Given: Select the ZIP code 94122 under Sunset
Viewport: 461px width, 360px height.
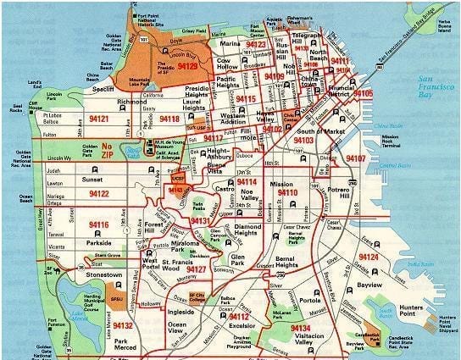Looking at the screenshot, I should tap(98, 194).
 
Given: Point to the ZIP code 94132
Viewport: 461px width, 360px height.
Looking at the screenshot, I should tap(122, 325).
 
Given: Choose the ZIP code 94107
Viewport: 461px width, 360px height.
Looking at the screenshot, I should tap(355, 158).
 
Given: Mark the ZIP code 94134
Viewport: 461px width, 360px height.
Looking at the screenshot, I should tap(300, 328).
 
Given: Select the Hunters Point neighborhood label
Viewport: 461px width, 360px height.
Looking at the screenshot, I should tap(421, 291).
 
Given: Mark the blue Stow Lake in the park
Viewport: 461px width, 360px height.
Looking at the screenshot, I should tap(130, 152).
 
